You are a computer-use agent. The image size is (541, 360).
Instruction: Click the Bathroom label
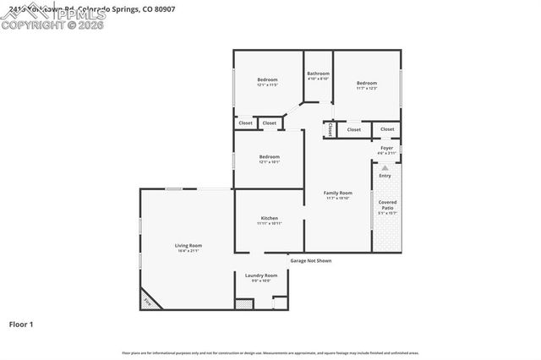click(x=318, y=74)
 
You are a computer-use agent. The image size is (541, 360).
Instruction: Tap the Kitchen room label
click(x=269, y=218)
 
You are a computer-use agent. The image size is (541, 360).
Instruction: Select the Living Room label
click(x=189, y=245)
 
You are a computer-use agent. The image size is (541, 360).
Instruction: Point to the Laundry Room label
click(x=261, y=275)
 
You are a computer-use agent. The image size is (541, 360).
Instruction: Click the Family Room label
click(x=337, y=193)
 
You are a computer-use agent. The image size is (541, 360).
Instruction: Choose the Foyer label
click(x=387, y=148)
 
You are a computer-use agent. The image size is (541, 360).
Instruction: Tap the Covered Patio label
click(x=387, y=205)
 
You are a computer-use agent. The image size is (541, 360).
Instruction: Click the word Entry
click(x=385, y=176)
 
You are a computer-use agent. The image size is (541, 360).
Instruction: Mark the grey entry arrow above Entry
click(x=385, y=169)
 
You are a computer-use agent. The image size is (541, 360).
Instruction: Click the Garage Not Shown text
click(x=311, y=261)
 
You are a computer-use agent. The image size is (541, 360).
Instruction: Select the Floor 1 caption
click(x=21, y=324)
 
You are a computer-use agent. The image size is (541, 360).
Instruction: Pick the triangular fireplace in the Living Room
click(x=148, y=299)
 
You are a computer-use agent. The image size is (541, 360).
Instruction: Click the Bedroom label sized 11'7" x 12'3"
click(x=366, y=83)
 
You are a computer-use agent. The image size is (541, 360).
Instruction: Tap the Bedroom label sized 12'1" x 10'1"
click(x=269, y=156)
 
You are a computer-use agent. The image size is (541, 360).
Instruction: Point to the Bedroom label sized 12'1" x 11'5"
click(x=268, y=80)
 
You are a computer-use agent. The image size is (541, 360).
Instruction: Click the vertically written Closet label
click(x=330, y=129)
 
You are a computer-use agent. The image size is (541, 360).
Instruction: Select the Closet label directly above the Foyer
click(x=387, y=129)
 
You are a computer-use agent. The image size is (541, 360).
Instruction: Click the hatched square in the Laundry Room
click(x=245, y=302)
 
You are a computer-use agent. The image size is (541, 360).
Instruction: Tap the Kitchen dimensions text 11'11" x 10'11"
click(x=269, y=223)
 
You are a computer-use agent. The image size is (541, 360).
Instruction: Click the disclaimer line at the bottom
click(x=270, y=352)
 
